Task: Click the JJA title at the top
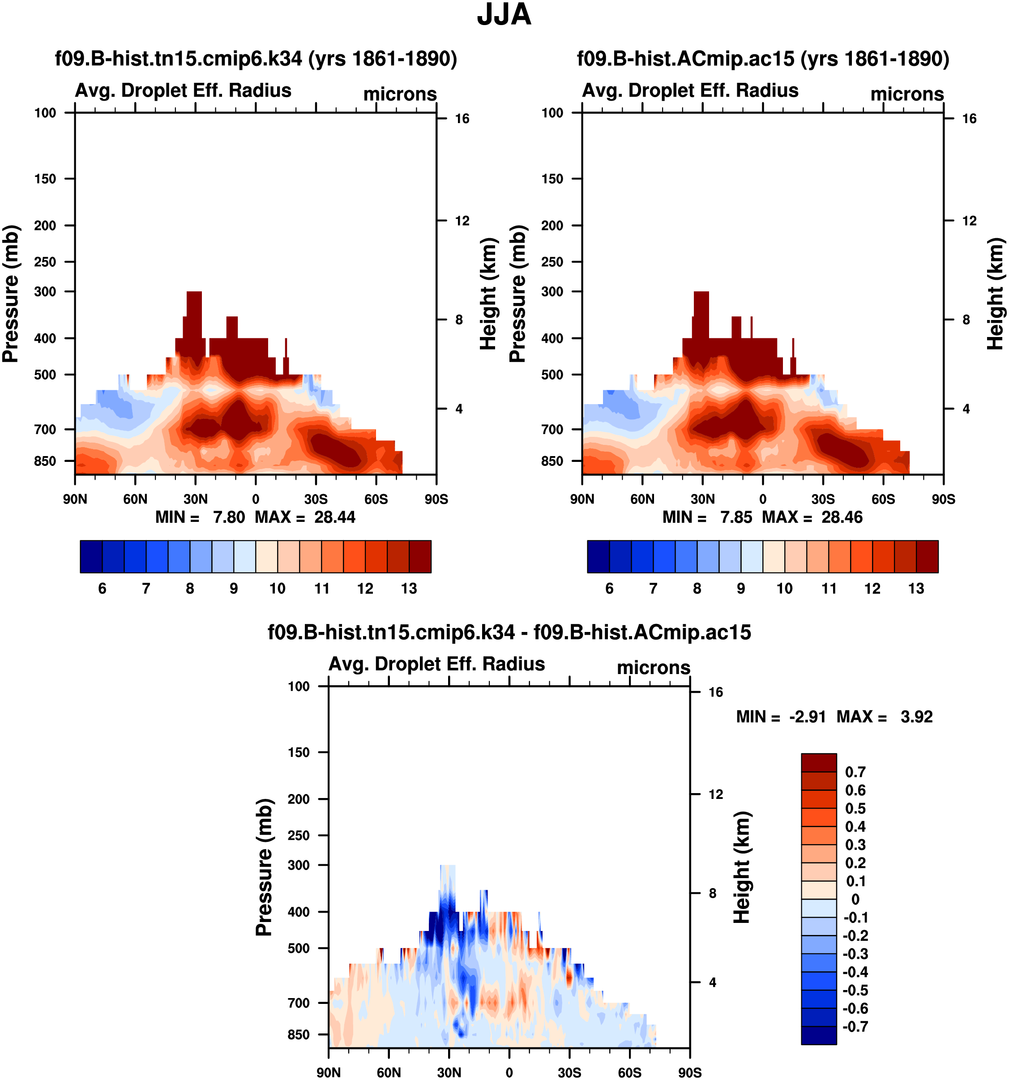tap(504, 15)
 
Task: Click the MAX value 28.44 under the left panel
tap(335, 517)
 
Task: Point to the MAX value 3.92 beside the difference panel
tap(917, 717)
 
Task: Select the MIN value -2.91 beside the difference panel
tap(808, 717)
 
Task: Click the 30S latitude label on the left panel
tap(316, 499)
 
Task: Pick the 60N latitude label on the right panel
tap(642, 499)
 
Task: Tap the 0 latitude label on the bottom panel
tap(509, 1072)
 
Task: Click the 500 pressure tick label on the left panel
tap(45, 375)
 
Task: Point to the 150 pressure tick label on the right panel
tap(552, 179)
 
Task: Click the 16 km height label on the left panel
tap(462, 119)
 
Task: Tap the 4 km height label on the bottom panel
tap(712, 982)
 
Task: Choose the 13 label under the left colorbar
tap(409, 589)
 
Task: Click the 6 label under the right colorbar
tap(609, 589)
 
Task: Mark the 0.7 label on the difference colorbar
tap(855, 772)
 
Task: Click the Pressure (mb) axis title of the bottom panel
tap(264, 867)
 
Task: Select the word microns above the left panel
tap(400, 94)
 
